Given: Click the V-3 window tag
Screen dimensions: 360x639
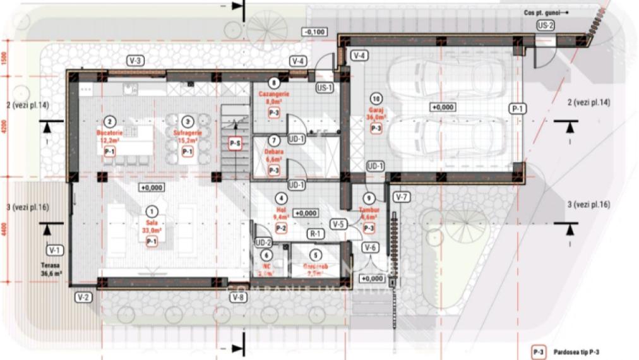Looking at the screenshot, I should tap(136, 61).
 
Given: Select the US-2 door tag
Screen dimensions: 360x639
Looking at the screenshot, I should tap(545, 25).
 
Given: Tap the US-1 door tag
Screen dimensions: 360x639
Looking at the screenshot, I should tap(325, 88).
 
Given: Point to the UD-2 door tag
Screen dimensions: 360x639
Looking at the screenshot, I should tap(263, 243).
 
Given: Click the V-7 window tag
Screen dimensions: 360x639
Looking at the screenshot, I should tap(401, 197).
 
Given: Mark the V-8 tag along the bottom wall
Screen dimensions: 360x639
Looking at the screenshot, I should tap(237, 297).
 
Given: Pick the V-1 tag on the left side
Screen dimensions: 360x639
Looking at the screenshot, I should tap(54, 248).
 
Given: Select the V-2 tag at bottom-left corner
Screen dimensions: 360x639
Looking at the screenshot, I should tap(83, 296).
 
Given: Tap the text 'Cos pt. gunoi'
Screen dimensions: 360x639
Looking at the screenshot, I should tap(542, 12).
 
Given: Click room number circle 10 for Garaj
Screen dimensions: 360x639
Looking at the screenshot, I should tap(376, 99).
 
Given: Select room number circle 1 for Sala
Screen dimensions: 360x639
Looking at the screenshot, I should tap(151, 212).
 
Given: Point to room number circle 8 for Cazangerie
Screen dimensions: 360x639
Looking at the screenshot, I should tap(273, 83).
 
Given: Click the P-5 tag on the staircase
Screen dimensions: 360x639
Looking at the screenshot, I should tap(235, 143).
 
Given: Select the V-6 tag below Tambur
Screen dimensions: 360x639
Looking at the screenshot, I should tap(371, 248).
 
